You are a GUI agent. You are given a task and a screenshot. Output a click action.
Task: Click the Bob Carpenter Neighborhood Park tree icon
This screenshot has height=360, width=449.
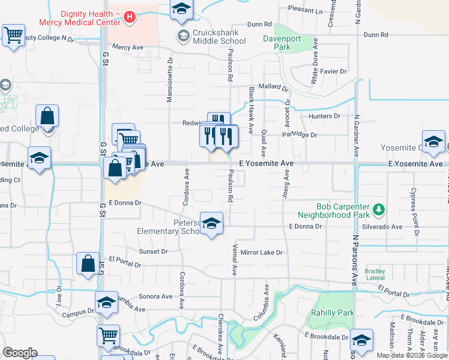[378, 209]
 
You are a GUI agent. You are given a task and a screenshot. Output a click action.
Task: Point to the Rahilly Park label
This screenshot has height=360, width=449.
[332, 313]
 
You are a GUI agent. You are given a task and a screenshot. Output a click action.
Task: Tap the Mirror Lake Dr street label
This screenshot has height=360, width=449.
[261, 253]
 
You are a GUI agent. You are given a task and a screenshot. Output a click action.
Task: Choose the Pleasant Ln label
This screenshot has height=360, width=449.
[305, 11]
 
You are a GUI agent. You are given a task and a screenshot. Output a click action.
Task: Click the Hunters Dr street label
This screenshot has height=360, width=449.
[324, 116]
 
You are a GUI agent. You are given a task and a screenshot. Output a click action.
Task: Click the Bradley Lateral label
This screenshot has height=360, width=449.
[375, 274]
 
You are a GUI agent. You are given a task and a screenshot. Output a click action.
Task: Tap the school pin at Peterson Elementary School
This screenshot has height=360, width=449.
[211, 224]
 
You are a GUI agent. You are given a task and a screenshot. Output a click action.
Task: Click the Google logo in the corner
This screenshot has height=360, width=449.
[20, 353]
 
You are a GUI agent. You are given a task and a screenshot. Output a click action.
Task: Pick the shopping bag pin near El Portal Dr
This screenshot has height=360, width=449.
[88, 263]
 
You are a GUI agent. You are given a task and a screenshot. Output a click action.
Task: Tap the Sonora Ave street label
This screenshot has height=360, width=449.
[155, 296]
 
